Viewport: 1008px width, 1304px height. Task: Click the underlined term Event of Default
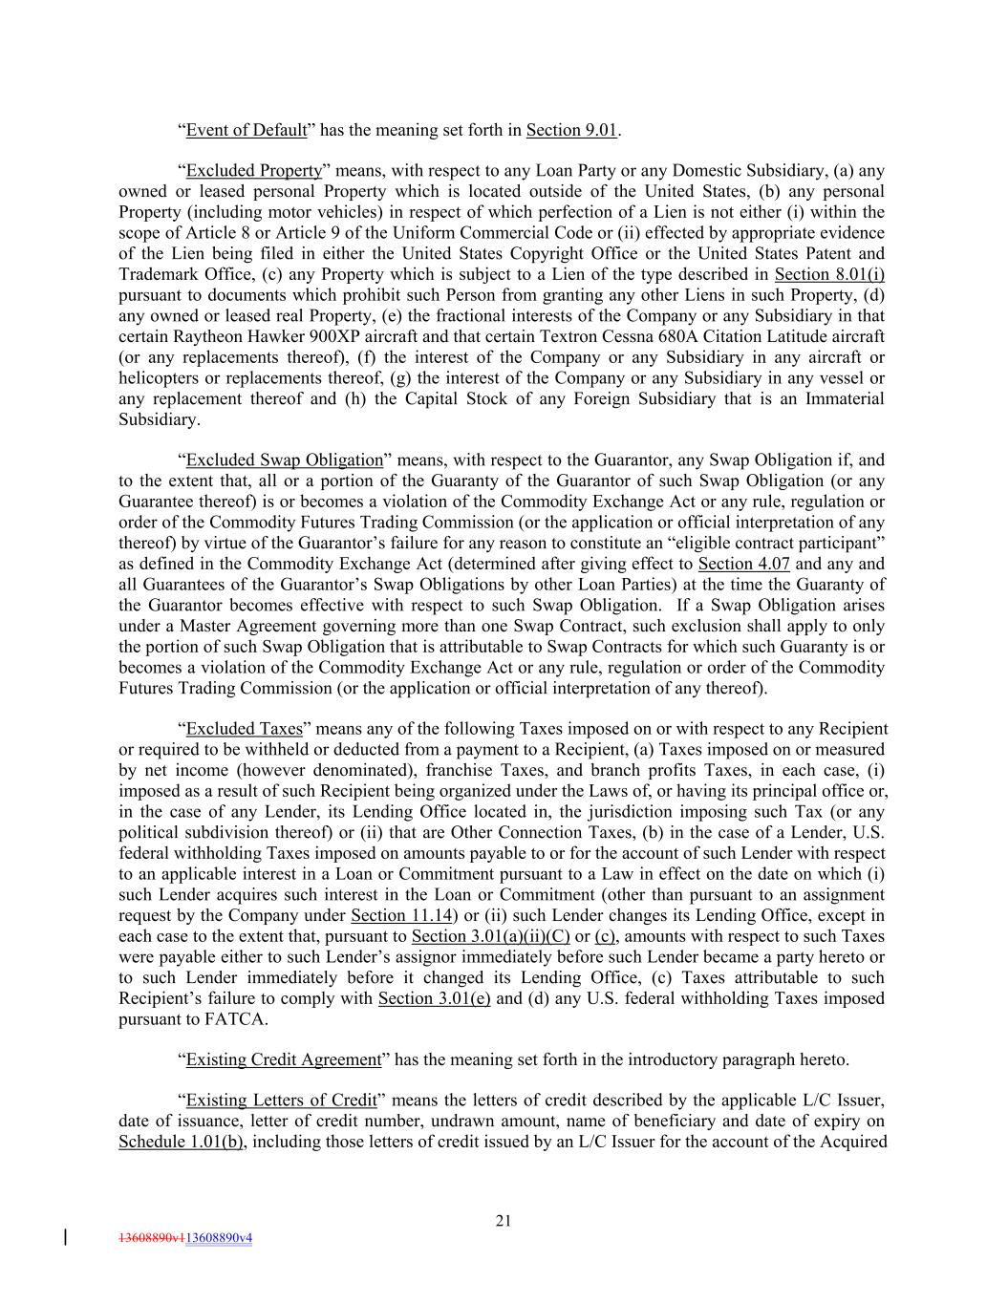click(x=246, y=130)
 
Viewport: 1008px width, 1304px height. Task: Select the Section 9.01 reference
click(x=571, y=130)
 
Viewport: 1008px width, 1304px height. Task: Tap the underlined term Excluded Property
click(x=253, y=171)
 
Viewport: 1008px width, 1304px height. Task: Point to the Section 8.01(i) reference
click(x=829, y=275)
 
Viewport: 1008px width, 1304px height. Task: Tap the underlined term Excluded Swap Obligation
click(x=284, y=460)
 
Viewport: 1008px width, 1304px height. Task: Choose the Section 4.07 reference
click(x=743, y=564)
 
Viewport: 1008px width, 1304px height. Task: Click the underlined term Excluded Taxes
click(x=244, y=729)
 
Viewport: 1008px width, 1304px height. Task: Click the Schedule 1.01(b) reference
click(x=181, y=1143)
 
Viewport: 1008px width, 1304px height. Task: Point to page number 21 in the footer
click(x=504, y=1220)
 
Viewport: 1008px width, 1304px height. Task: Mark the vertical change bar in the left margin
click(x=64, y=1238)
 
